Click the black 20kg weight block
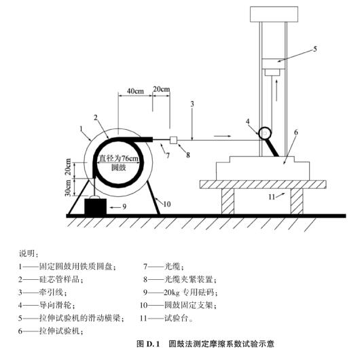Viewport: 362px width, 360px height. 95,206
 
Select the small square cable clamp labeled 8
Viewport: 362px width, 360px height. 173,140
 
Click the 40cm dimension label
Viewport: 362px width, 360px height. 135,91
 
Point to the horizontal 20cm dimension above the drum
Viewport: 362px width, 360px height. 162,89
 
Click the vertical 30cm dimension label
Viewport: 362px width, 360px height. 68,187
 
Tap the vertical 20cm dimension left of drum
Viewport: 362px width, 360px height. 68,166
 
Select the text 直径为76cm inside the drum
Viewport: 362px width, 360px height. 119,158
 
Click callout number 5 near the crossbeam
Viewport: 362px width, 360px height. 315,49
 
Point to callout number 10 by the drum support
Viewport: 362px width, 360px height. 166,204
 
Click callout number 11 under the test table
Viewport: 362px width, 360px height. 272,197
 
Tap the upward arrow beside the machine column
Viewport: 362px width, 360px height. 276,90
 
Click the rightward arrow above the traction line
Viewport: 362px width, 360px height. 222,136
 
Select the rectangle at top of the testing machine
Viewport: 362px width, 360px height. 274,14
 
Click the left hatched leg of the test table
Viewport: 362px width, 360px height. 228,201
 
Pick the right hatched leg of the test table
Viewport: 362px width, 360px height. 297,201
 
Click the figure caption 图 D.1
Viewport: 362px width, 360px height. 148,344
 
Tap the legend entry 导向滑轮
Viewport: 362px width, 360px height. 57,305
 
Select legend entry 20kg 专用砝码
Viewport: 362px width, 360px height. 190,292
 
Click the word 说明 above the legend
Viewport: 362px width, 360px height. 27,253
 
